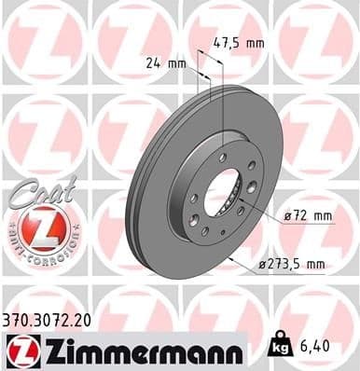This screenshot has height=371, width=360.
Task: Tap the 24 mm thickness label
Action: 165,63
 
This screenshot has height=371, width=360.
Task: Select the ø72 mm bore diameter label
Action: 309,216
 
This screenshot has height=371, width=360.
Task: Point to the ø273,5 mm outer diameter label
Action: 291,265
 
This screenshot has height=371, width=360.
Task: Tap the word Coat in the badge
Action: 35,191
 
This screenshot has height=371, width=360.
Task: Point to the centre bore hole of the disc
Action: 222,195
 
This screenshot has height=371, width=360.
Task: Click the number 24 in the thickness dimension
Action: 153,63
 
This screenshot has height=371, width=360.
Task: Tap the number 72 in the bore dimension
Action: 304,216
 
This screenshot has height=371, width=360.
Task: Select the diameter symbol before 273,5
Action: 260,265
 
